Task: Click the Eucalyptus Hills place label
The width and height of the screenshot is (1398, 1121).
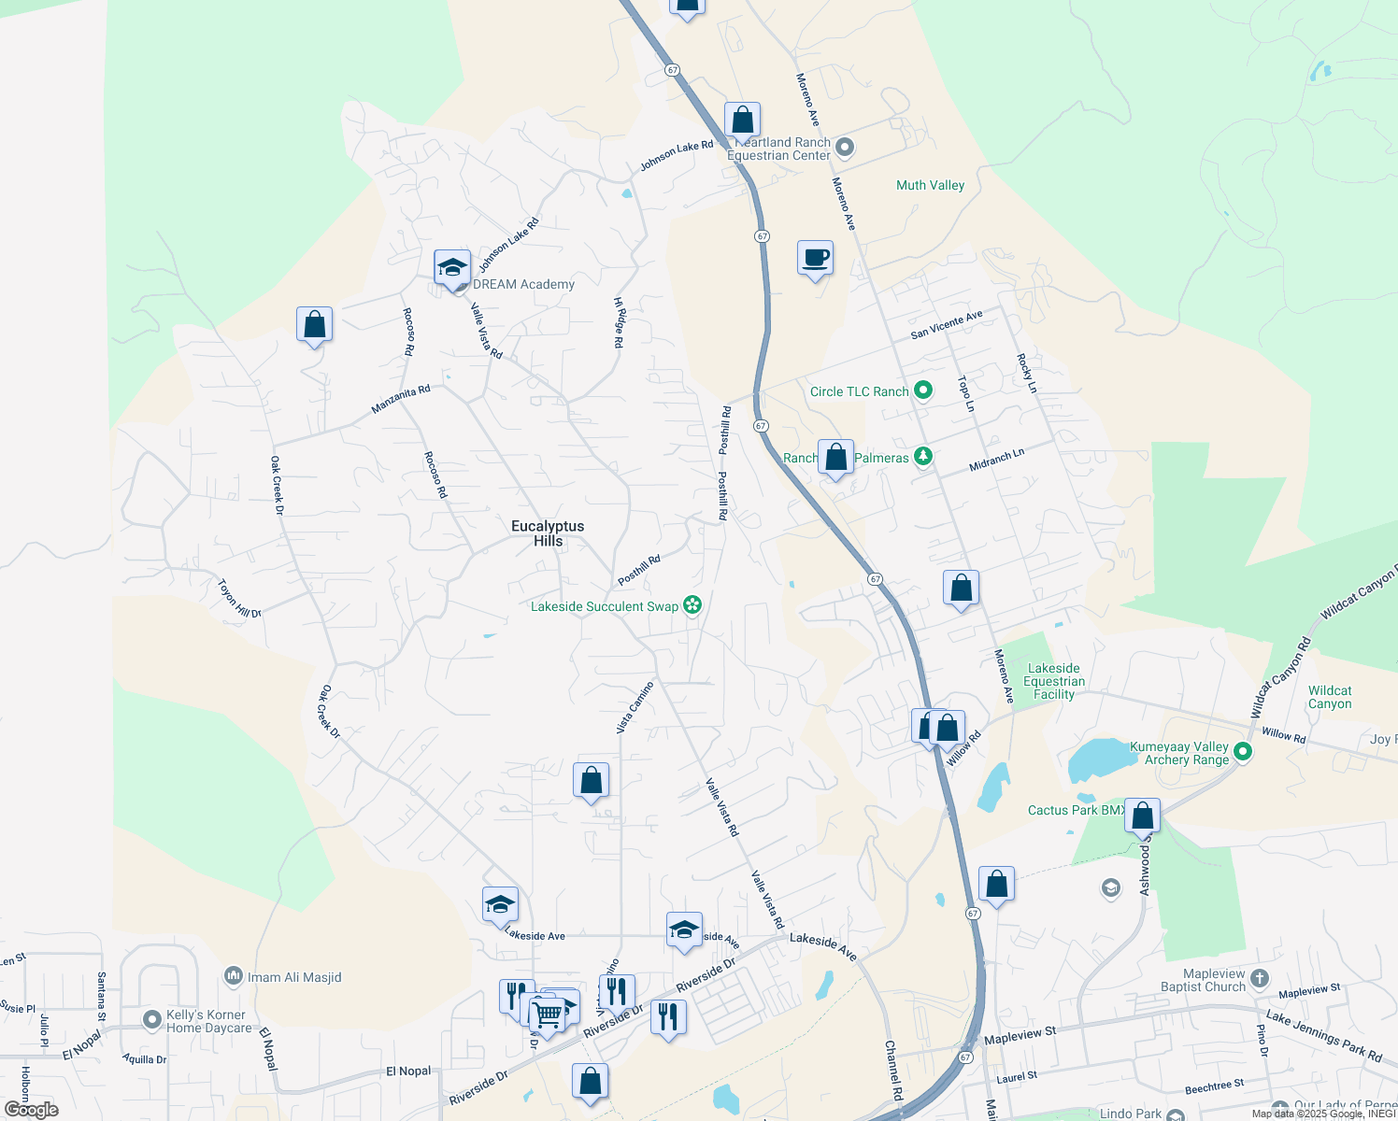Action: point(548,533)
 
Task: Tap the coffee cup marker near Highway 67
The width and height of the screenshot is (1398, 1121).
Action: point(815,257)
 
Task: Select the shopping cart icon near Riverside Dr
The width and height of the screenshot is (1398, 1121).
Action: point(547,1013)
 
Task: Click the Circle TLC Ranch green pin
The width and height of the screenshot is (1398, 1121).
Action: point(923,390)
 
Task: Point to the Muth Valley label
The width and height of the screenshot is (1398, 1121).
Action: point(930,185)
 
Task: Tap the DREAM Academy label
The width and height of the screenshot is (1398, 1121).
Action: point(523,284)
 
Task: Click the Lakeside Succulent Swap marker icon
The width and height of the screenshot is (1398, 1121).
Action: point(692,605)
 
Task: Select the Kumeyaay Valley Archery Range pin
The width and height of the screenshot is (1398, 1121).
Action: point(1243,751)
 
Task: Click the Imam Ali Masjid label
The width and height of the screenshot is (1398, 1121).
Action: point(294,977)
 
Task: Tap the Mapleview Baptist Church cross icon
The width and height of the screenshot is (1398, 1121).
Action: point(1260,979)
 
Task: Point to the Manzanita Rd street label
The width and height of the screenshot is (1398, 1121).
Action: point(401,399)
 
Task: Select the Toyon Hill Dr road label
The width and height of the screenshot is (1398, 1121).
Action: point(239,599)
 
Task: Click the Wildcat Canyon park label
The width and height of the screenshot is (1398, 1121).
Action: point(1330,697)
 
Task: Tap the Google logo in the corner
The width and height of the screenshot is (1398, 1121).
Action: point(31,1109)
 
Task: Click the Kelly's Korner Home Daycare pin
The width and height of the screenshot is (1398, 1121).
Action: point(152,1019)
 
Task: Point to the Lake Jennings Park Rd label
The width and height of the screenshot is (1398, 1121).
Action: point(1323,1035)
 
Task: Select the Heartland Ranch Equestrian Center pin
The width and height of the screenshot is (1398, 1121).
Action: point(845,148)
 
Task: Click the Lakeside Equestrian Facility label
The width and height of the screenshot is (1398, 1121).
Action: point(1053,681)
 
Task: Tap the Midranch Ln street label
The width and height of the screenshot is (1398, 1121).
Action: point(996,458)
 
